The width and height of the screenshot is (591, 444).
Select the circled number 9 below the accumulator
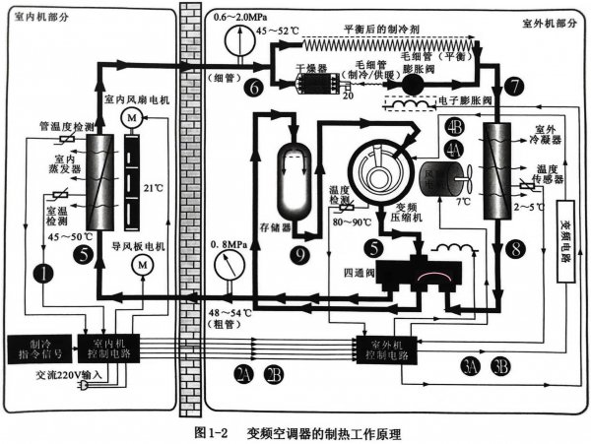click(x=301, y=252)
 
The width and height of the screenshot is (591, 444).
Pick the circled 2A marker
click(x=246, y=372)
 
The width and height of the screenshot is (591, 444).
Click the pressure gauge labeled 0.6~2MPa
click(x=232, y=43)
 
